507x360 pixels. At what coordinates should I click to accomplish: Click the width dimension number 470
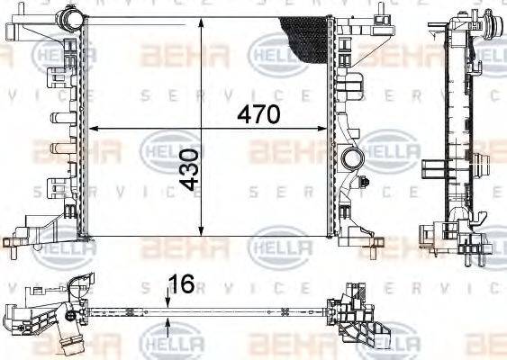coord(258,115)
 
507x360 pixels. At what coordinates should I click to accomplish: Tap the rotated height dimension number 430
coord(190,170)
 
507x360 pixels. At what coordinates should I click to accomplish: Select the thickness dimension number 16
coord(182,284)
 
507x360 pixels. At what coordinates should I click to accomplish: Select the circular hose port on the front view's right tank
coord(350,159)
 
